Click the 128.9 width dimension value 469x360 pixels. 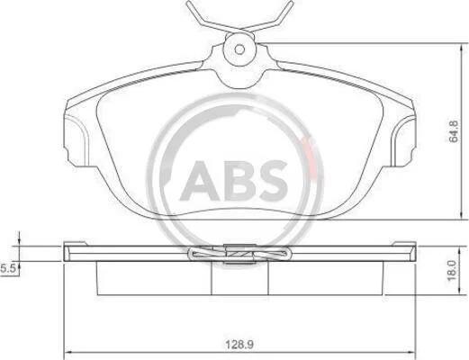[x=239, y=345]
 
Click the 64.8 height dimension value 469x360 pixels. [x=453, y=131]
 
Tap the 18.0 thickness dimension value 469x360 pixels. [x=452, y=271]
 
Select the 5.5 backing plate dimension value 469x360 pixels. [x=8, y=268]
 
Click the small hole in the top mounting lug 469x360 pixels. [x=239, y=49]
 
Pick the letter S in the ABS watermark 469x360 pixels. [x=272, y=181]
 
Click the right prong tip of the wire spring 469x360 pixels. [x=291, y=3]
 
